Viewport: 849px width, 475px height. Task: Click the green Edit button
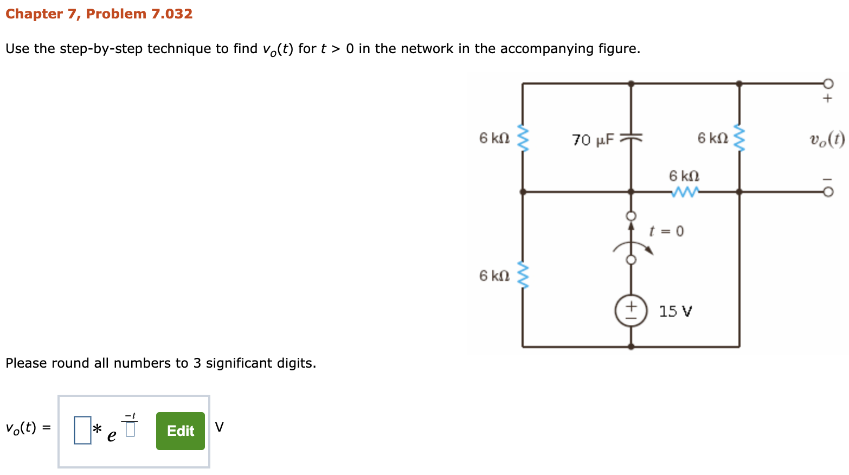(x=180, y=431)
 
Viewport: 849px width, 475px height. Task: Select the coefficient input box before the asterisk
(x=82, y=430)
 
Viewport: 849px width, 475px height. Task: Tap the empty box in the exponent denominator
(x=130, y=429)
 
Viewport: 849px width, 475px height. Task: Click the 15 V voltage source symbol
(x=631, y=311)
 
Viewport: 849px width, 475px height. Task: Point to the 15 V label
(x=675, y=311)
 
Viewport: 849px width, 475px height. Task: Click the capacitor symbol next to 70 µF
(x=631, y=138)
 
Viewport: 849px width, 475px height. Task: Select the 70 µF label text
(x=593, y=140)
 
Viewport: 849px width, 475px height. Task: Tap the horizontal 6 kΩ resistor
(x=684, y=192)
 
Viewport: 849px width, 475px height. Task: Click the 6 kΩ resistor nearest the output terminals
(x=739, y=138)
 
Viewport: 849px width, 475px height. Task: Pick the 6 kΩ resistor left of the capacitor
(x=523, y=138)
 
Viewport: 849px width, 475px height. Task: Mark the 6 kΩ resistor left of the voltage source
(x=523, y=275)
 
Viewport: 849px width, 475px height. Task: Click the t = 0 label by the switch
(x=666, y=231)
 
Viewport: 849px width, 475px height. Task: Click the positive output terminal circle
(x=827, y=84)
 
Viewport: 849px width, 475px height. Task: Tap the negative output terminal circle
(x=827, y=192)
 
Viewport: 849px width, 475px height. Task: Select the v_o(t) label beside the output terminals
(x=827, y=140)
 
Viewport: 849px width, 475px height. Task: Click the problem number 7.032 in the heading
(x=171, y=14)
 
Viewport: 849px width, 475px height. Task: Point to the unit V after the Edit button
(x=219, y=427)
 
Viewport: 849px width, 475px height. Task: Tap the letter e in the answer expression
(x=112, y=435)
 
